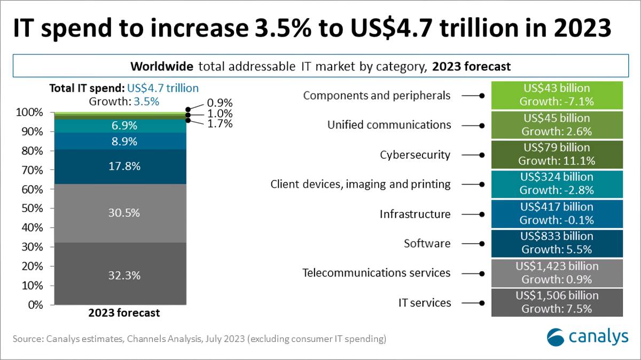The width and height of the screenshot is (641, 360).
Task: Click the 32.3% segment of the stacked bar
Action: (x=123, y=275)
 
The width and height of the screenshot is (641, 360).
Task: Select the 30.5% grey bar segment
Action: (x=123, y=213)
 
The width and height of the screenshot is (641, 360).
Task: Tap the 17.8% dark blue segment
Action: (x=123, y=166)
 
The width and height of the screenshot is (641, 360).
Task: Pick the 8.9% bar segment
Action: (x=123, y=141)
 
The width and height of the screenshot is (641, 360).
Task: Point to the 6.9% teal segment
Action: (x=123, y=126)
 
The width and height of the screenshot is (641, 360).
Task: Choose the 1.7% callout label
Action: (x=220, y=124)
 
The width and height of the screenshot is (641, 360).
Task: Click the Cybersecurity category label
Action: (x=415, y=155)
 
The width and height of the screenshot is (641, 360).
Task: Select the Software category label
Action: (x=427, y=244)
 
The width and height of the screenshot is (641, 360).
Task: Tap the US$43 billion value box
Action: (x=557, y=95)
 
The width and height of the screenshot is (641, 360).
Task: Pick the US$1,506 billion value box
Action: (x=557, y=302)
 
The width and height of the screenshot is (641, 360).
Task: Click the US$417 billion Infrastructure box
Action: (x=557, y=213)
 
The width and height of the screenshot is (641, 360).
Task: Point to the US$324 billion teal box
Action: (x=557, y=183)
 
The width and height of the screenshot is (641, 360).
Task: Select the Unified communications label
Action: (x=389, y=125)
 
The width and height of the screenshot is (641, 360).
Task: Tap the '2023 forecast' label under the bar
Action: (x=124, y=313)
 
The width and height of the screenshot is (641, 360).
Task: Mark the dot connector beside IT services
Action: (x=482, y=303)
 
